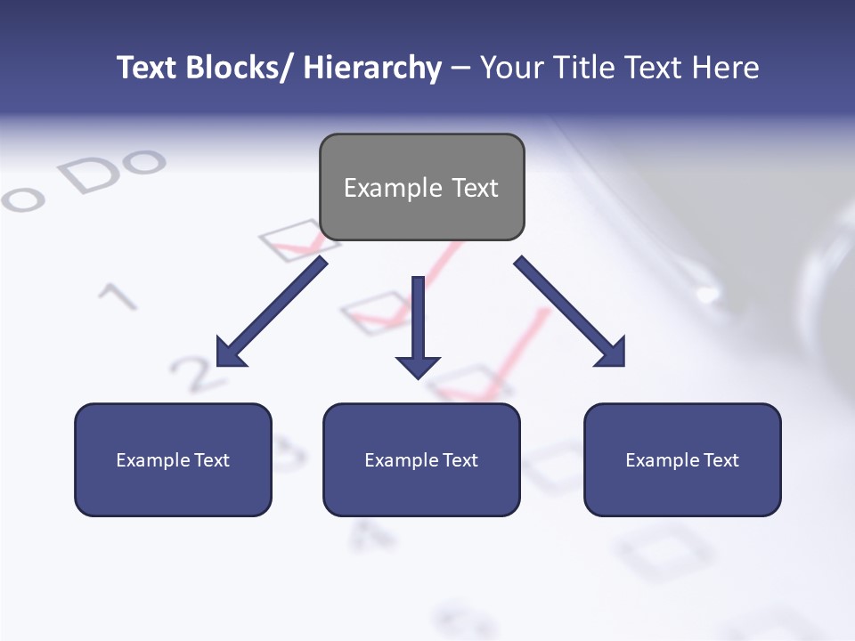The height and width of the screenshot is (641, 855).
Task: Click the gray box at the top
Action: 421,187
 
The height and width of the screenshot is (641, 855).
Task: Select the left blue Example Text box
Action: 173,459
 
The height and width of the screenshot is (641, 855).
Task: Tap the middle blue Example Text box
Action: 421,459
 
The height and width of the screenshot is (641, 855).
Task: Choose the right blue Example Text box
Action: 682,459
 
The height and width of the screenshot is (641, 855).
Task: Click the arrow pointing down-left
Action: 272,312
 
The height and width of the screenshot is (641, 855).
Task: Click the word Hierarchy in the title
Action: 372,68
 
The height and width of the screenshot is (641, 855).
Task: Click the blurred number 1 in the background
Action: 116,295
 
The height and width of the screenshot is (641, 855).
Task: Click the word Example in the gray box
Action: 381,188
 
